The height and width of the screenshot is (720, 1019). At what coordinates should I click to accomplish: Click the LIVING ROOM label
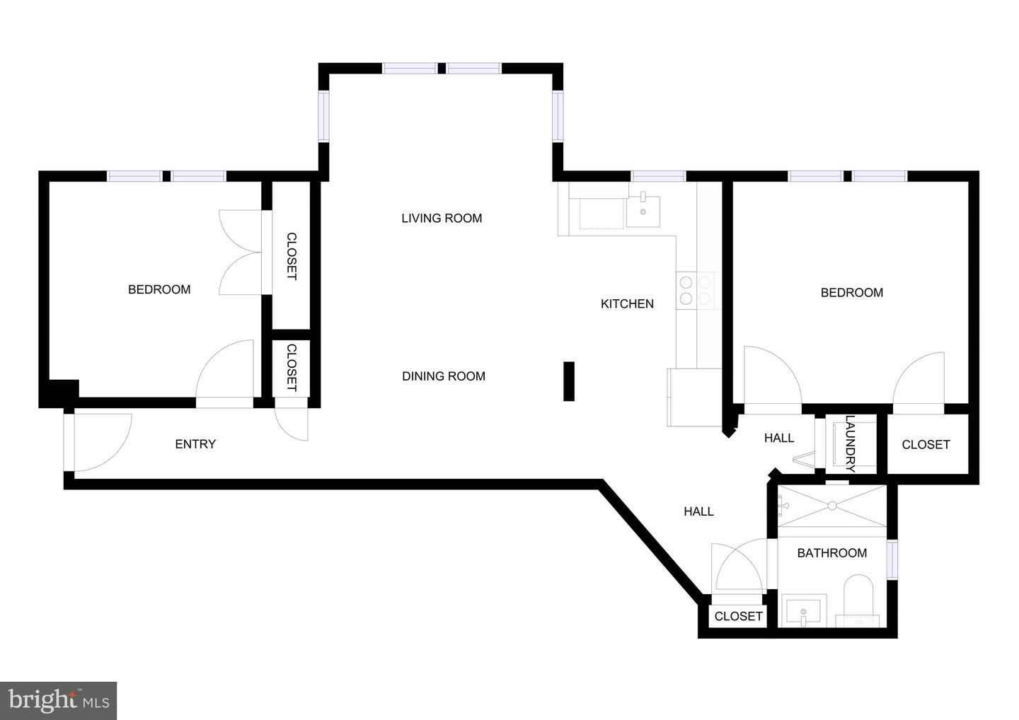tap(442, 219)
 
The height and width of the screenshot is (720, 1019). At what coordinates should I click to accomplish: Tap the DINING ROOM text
tap(444, 376)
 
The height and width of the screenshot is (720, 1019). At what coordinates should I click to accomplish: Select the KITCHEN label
tap(627, 304)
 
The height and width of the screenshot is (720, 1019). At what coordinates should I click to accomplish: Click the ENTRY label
tap(195, 444)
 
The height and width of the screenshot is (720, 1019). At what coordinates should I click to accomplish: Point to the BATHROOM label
tap(831, 553)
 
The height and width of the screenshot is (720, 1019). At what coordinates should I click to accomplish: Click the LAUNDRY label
tap(851, 443)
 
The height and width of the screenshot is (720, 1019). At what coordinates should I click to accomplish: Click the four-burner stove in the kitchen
tap(695, 291)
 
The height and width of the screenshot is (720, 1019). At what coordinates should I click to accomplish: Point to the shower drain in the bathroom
tap(832, 505)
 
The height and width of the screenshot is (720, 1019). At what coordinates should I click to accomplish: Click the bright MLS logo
tap(58, 700)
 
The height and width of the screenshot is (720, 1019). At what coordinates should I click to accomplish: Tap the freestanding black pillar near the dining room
tap(569, 381)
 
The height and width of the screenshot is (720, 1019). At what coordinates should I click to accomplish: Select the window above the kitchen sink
tap(658, 176)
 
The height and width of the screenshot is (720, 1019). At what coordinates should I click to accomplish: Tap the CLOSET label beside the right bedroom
tap(926, 445)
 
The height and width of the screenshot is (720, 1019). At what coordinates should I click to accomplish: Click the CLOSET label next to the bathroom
tap(738, 617)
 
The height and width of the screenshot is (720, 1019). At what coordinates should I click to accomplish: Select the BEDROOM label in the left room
tap(159, 289)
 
